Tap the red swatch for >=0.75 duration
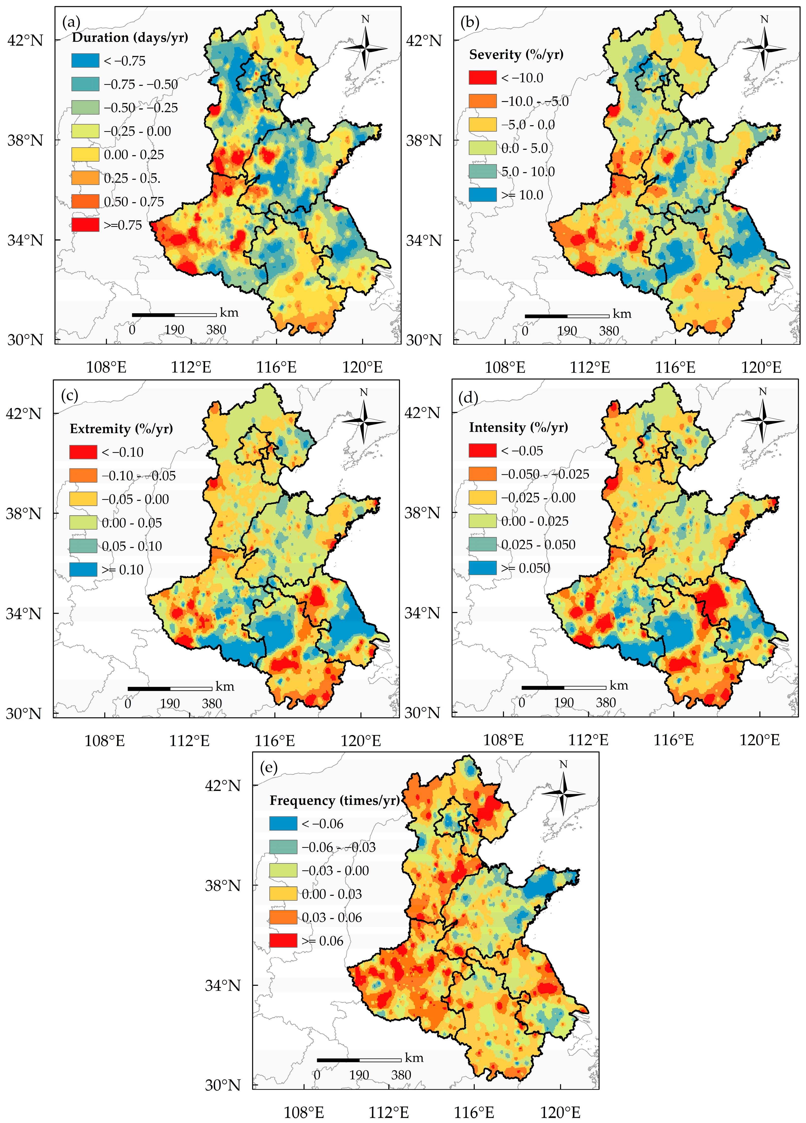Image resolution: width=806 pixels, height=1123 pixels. click(x=85, y=225)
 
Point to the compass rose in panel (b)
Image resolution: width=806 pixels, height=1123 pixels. click(x=764, y=48)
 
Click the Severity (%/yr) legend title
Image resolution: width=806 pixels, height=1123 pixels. click(x=516, y=54)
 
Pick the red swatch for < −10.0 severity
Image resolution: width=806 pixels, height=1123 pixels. click(x=483, y=78)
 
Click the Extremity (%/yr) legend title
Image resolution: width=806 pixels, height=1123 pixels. click(x=121, y=429)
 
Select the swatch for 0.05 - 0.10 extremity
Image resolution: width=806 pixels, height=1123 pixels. click(x=83, y=546)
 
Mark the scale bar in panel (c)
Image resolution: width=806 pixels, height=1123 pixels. click(x=170, y=689)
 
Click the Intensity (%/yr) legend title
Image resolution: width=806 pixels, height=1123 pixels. click(x=518, y=427)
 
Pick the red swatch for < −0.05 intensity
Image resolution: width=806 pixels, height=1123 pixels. click(x=483, y=451)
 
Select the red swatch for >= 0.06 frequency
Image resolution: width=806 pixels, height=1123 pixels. click(x=283, y=941)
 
